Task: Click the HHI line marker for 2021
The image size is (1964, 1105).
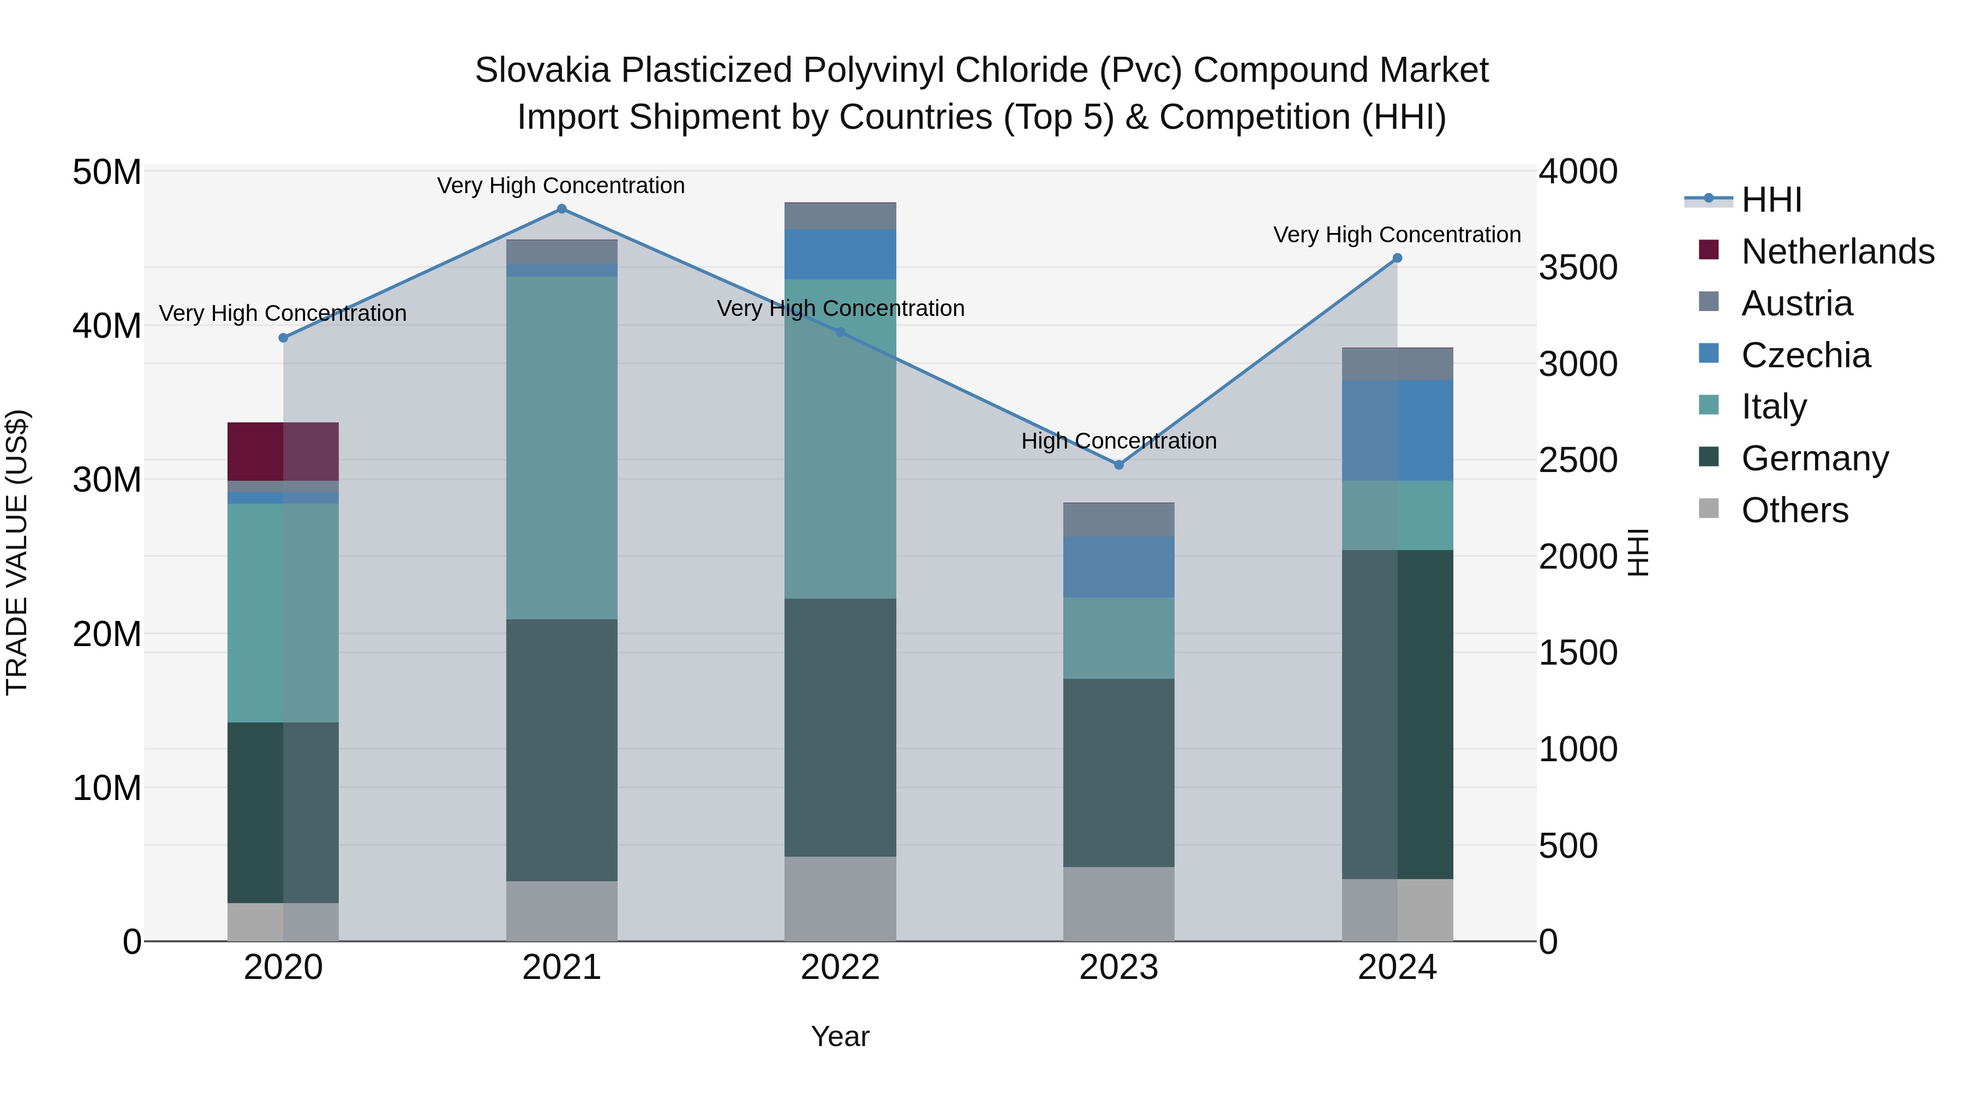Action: pos(562,209)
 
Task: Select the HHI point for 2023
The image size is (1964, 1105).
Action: pos(1118,464)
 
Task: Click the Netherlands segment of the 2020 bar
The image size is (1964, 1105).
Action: pos(283,451)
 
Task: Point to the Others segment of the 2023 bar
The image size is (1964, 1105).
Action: pos(1118,904)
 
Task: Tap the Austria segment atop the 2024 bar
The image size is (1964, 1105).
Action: pos(1397,365)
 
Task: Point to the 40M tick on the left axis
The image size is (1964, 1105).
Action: pos(107,326)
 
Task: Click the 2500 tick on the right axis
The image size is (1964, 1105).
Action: pos(1577,461)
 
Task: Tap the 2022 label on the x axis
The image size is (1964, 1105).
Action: pos(840,967)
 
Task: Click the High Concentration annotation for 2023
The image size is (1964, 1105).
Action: pos(1118,441)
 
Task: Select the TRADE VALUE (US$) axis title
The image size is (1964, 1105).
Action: pos(17,552)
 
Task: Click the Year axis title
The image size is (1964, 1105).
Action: pos(840,1036)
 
